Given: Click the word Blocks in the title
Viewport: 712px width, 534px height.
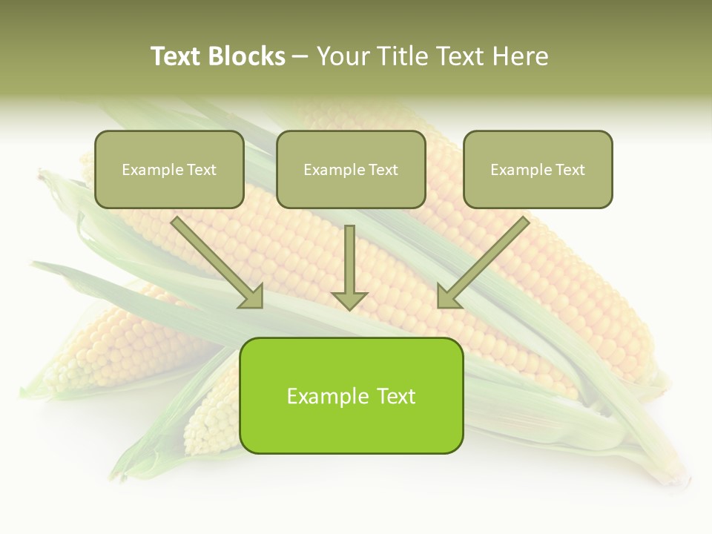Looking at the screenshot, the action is pos(247,56).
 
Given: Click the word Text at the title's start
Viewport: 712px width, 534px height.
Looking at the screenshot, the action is pos(177,56).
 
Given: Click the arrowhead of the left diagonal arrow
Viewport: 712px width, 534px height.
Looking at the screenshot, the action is pos(252,296).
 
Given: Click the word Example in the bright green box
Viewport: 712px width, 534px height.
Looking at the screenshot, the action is pos(322,396).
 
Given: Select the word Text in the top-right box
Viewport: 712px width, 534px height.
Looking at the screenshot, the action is pos(570,170).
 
